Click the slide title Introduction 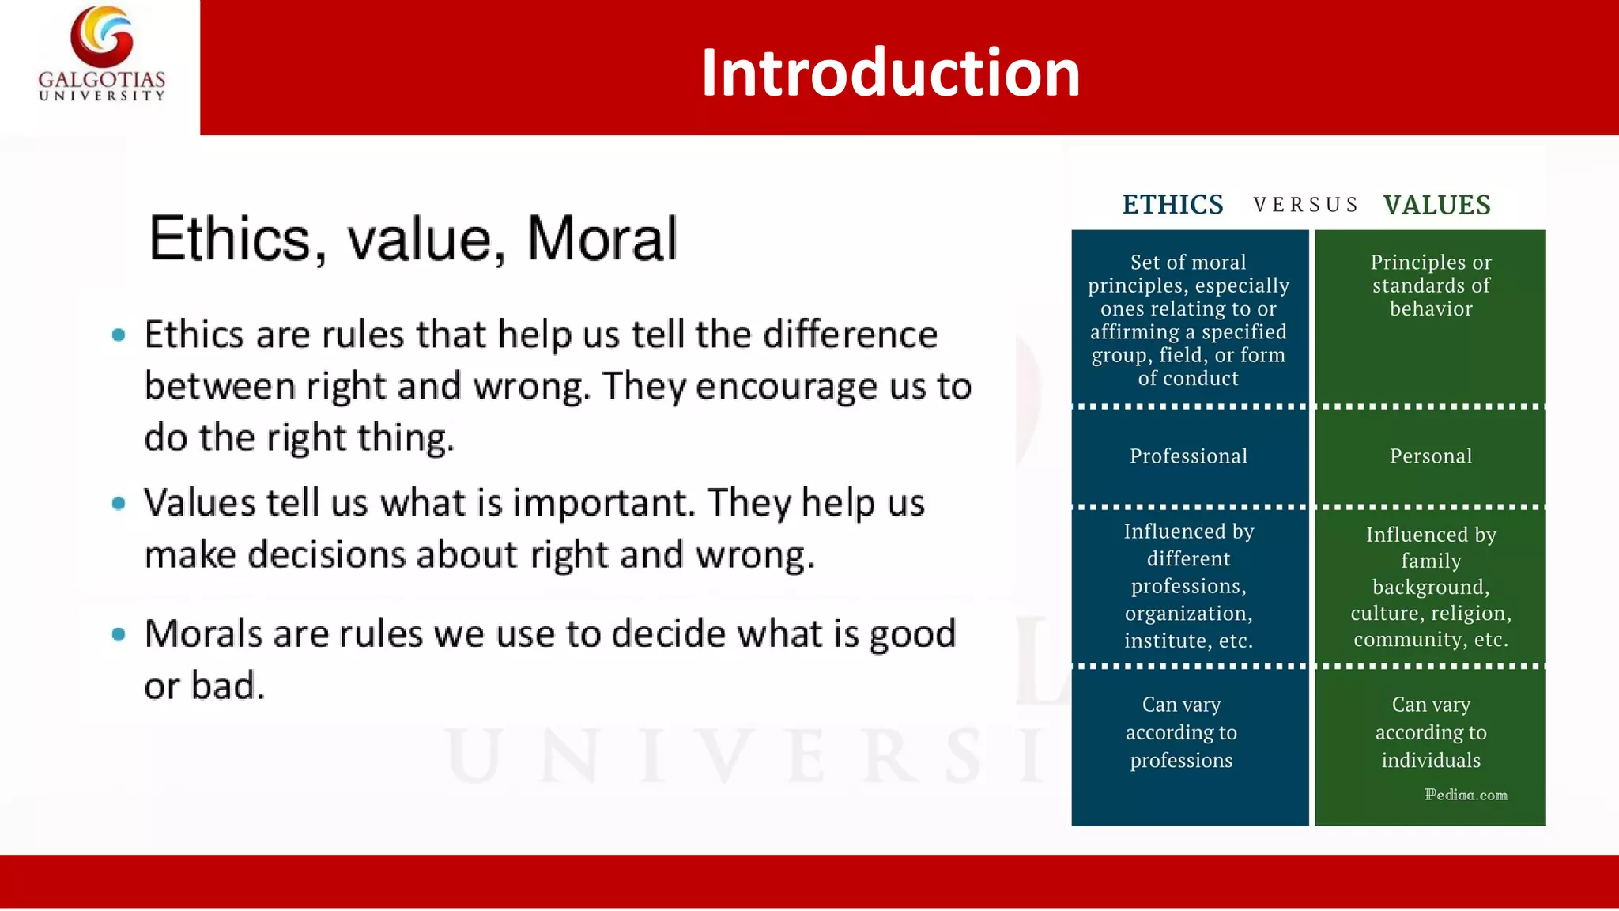pos(890,73)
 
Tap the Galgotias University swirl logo pos(102,36)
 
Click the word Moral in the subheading pos(602,238)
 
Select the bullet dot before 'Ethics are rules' pos(119,335)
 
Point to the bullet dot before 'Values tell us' pos(119,503)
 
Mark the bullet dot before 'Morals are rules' pos(119,633)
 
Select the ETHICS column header pos(1172,205)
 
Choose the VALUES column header pos(1436,205)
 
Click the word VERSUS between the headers pos(1305,206)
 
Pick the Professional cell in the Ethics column pos(1188,456)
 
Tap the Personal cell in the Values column pos(1431,456)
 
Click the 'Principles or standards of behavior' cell pos(1431,285)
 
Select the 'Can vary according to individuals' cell pos(1431,732)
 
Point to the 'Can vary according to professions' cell pos(1181,732)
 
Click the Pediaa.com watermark pos(1466,795)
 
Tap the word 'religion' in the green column pos(1471,613)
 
